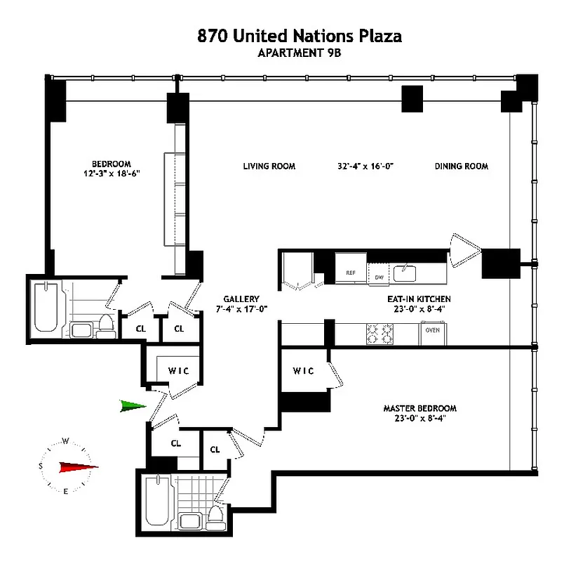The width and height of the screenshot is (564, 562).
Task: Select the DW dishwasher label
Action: (379, 277)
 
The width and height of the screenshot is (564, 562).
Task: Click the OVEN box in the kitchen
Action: (432, 330)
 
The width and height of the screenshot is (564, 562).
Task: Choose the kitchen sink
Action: (405, 272)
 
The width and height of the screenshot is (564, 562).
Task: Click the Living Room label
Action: (269, 166)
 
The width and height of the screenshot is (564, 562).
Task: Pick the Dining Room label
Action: (461, 166)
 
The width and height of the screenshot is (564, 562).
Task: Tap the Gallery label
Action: (241, 299)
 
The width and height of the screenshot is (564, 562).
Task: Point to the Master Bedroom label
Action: (419, 408)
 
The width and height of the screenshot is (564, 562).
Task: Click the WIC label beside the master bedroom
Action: (303, 371)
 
